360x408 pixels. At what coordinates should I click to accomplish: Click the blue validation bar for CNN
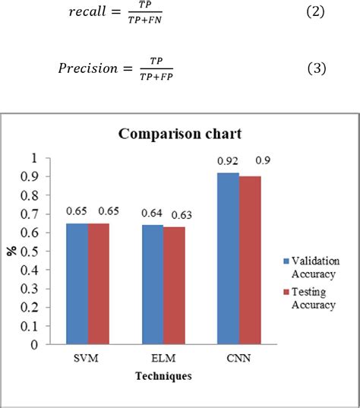tap(228, 258)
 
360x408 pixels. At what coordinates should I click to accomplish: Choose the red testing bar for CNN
tap(250, 260)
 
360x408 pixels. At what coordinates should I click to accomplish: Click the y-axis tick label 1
tap(33, 158)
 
